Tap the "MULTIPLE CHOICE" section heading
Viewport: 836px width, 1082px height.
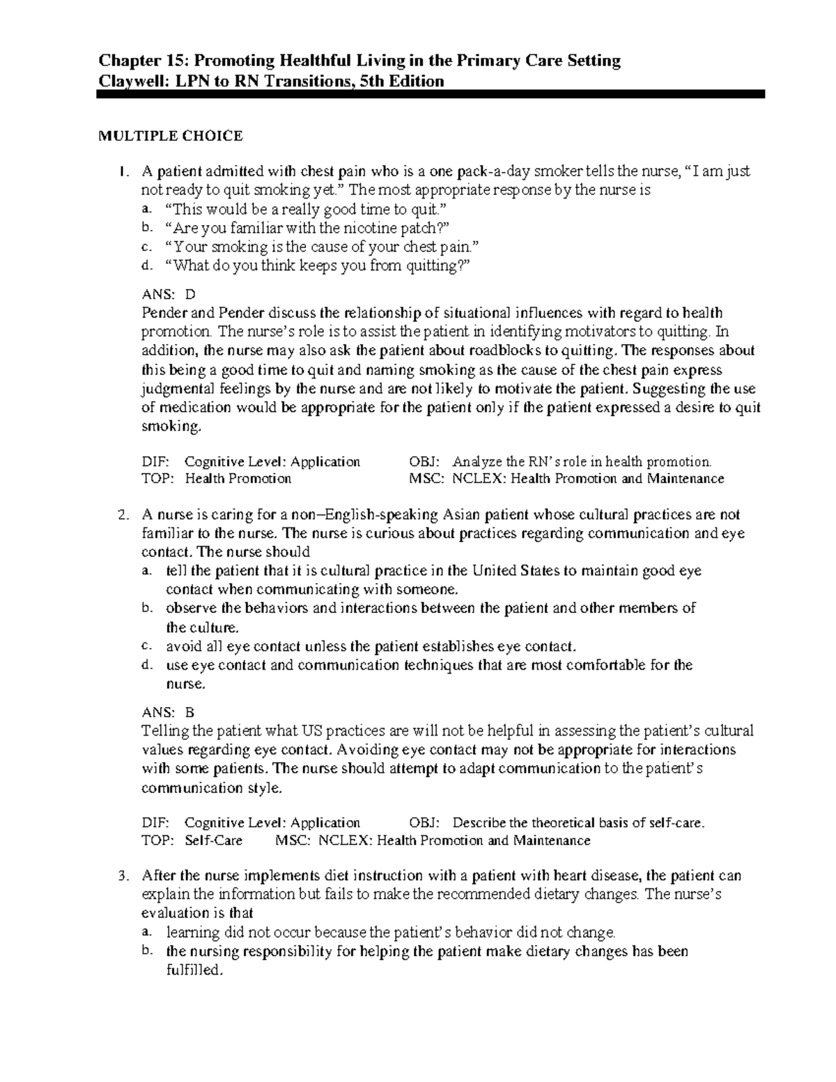170,136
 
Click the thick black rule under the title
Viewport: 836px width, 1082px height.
431,94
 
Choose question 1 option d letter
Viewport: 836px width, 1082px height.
146,265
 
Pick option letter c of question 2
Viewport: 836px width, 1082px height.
146,647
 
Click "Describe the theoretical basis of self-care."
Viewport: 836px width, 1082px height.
578,823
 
